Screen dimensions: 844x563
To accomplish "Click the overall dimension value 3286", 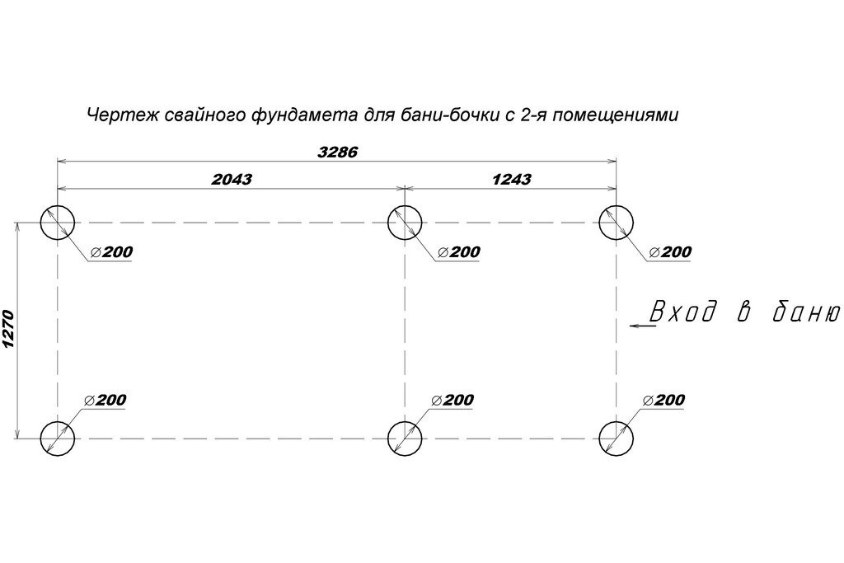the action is (x=337, y=152).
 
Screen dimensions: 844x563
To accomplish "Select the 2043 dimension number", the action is (x=232, y=179).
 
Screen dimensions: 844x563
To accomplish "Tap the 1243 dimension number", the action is (x=511, y=179).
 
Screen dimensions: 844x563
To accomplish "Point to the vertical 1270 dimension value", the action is (x=8, y=330).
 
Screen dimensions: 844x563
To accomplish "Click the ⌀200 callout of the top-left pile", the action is (x=112, y=252).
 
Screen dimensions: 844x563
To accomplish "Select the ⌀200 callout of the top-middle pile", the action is (x=459, y=252).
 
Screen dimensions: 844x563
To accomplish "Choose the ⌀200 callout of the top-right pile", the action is (x=671, y=252).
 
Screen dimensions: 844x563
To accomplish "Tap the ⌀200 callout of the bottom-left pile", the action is (x=105, y=400).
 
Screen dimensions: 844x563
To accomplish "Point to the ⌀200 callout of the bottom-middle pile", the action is (x=452, y=400).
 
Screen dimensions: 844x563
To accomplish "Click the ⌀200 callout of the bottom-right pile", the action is (x=664, y=400).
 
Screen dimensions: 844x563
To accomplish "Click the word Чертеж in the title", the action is (x=123, y=115).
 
